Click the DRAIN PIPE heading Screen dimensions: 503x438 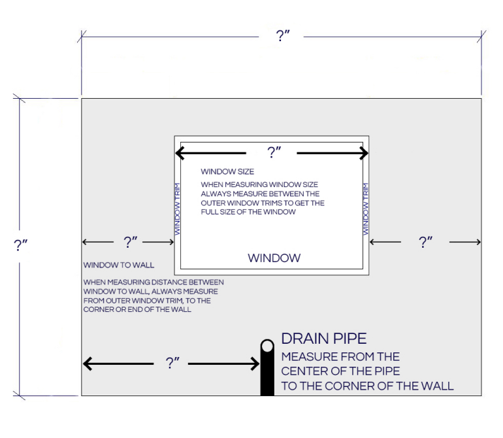(x=323, y=339)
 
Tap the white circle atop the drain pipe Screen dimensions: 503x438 (x=267, y=346)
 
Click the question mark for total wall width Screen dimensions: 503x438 (x=283, y=35)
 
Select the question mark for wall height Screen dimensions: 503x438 (x=20, y=245)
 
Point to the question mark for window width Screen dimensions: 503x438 (x=274, y=152)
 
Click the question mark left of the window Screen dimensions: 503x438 (x=130, y=242)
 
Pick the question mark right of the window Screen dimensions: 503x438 (x=425, y=242)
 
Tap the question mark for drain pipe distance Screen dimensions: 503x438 (x=172, y=363)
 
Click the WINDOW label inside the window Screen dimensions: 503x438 (x=274, y=258)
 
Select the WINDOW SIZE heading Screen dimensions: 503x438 (x=227, y=171)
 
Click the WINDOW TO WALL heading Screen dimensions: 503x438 (x=119, y=265)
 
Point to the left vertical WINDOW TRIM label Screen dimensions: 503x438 (x=177, y=209)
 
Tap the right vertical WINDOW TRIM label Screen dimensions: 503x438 (x=365, y=209)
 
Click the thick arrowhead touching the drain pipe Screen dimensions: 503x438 (x=255, y=364)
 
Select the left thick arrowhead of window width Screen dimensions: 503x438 (x=180, y=153)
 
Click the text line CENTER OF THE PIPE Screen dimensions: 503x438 (x=340, y=371)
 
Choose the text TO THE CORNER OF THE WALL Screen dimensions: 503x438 (x=367, y=386)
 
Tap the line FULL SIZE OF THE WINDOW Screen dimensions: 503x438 (x=248, y=212)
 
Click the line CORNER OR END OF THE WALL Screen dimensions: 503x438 (x=137, y=310)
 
